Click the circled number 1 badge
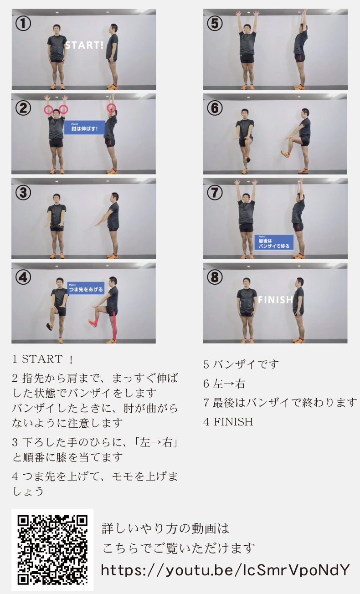click(23, 24)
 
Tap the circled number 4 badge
click(23, 277)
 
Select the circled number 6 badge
click(215, 108)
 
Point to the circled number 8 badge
click(215, 277)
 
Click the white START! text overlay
click(84, 46)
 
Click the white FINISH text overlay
click(275, 300)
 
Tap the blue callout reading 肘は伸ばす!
click(85, 128)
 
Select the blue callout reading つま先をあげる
click(86, 288)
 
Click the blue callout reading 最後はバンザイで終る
click(274, 242)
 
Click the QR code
click(52, 549)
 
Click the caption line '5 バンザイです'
click(241, 364)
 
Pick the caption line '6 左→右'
click(224, 384)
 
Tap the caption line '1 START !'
click(43, 359)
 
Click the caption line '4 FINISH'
click(228, 422)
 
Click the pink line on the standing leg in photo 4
click(114, 326)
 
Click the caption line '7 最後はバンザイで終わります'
click(280, 403)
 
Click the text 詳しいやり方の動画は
click(165, 528)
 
